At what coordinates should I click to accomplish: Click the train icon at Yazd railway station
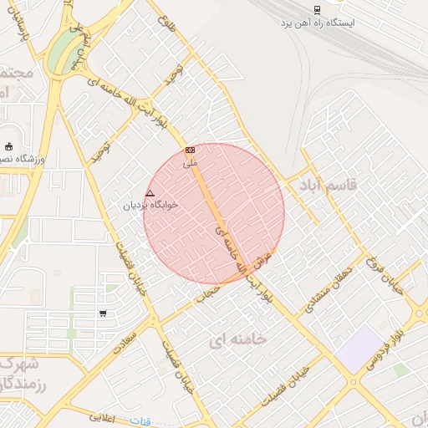click(318, 10)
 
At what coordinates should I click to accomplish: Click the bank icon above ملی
click(190, 150)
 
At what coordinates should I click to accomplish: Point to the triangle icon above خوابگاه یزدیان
click(150, 193)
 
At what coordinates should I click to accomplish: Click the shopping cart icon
click(103, 313)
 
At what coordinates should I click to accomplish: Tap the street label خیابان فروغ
click(396, 276)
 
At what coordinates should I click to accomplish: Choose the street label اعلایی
click(103, 415)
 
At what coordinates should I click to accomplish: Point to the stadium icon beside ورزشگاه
click(9, 147)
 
